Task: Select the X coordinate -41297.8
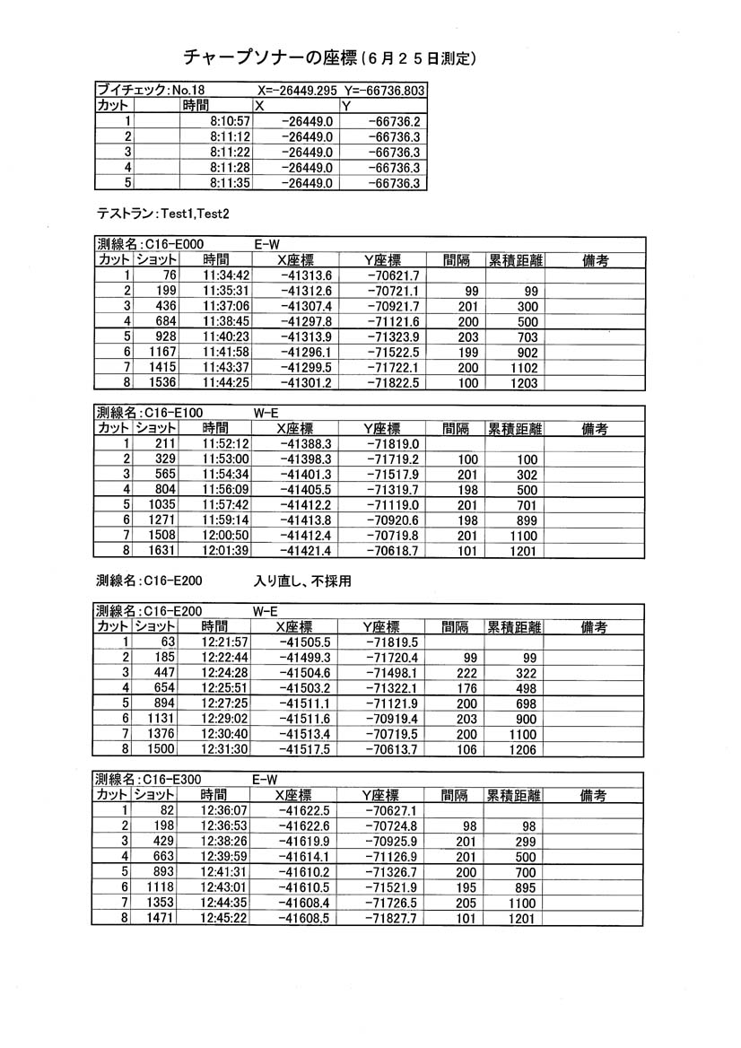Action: pyautogui.click(x=306, y=321)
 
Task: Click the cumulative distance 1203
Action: pyautogui.click(x=522, y=383)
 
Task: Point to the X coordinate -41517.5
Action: pyautogui.click(x=305, y=749)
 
